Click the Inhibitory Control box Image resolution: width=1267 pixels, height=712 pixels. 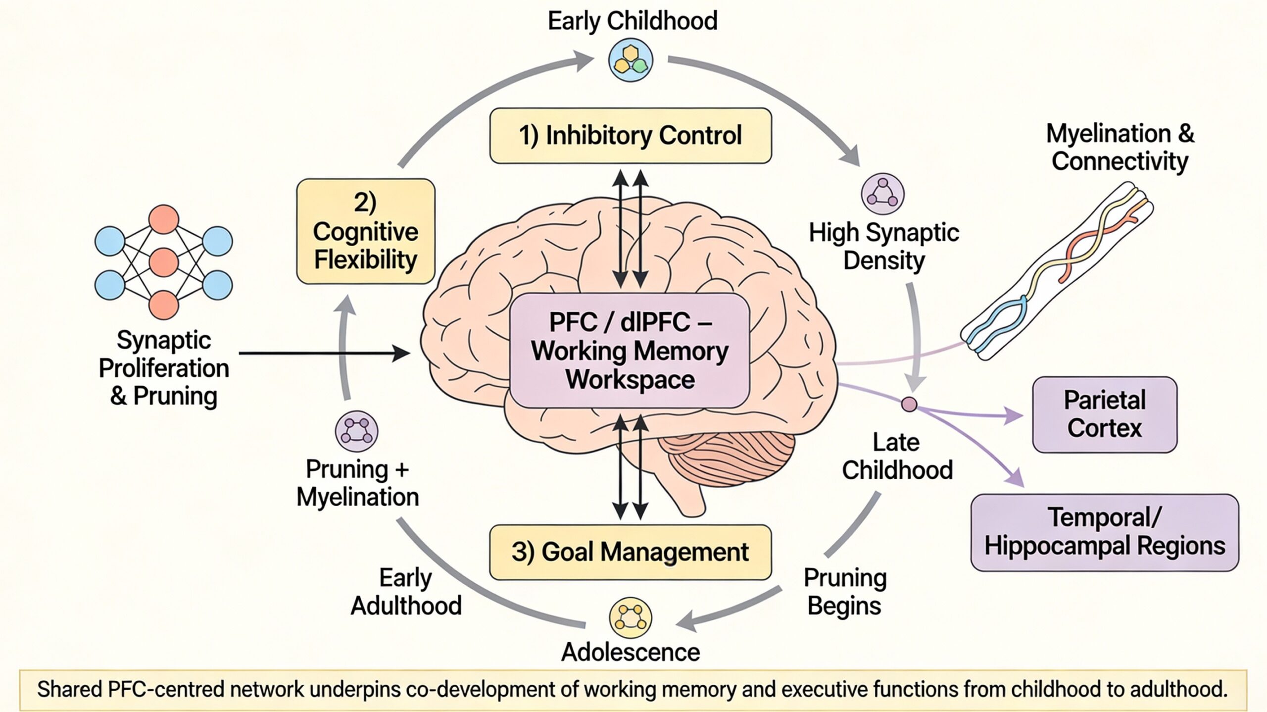[630, 136]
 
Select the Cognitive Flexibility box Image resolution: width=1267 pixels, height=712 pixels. [365, 231]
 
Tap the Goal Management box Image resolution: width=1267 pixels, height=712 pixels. [630, 552]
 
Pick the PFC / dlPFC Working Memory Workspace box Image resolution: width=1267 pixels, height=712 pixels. [630, 351]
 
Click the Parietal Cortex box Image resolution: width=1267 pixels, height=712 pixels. [1104, 414]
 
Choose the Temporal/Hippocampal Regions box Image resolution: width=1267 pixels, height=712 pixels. [1104, 532]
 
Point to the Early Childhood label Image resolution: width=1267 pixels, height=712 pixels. [632, 21]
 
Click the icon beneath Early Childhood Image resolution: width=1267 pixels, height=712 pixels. [631, 61]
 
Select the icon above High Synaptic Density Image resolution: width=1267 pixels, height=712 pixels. [882, 194]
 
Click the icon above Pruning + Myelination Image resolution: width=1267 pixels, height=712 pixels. [356, 431]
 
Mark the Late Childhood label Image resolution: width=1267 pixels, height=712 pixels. [897, 456]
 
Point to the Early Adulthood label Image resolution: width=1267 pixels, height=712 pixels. [406, 592]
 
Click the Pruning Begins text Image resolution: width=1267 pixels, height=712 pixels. [844, 592]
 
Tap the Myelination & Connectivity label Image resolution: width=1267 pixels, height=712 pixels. [1120, 147]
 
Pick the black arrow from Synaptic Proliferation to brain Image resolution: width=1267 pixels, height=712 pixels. [324, 353]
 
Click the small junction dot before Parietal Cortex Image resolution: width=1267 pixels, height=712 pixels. [909, 404]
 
